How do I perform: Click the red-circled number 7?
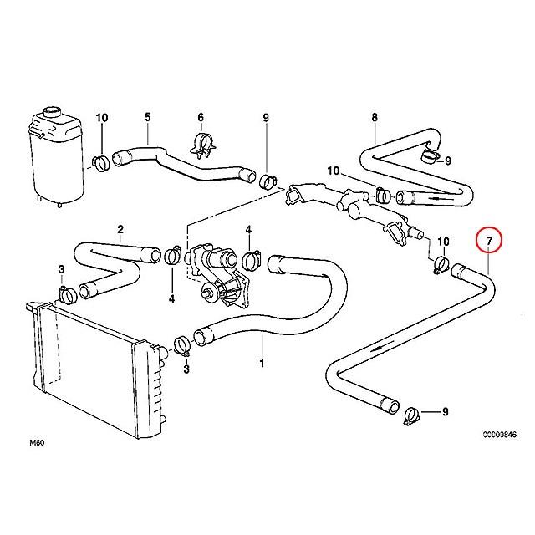point(489,241)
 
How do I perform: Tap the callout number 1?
point(262,364)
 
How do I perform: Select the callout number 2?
point(120,229)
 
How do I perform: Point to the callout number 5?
point(147,117)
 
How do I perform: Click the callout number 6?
point(201,117)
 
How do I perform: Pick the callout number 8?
point(374,117)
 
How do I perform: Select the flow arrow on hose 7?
point(381,348)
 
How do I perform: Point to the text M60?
point(37,443)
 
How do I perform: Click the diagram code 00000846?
point(499,435)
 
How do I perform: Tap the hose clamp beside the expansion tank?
point(100,162)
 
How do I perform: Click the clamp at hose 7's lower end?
point(412,416)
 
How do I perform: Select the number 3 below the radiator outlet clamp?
point(186,369)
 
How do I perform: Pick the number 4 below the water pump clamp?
point(171,299)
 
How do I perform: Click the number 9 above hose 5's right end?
point(266,117)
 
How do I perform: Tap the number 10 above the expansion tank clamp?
point(102,117)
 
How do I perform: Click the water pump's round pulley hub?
point(208,292)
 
